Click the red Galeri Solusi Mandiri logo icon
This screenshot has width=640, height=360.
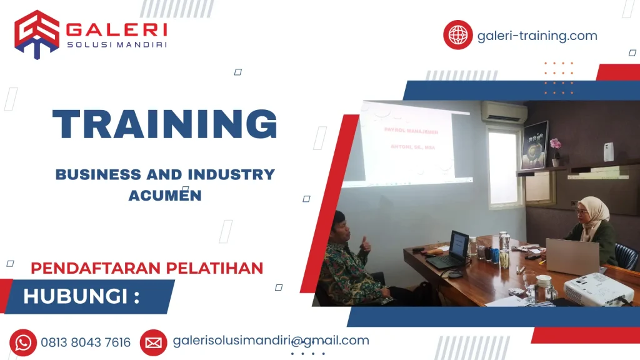click(37, 34)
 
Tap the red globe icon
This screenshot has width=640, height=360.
click(457, 35)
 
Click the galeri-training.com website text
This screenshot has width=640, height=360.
click(537, 36)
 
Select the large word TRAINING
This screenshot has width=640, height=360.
click(165, 124)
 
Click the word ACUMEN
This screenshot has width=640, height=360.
click(165, 195)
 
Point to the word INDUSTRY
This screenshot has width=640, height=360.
click(235, 174)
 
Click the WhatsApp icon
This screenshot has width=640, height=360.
click(23, 342)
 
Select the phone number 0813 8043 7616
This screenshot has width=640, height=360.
click(86, 342)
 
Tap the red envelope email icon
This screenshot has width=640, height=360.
click(153, 342)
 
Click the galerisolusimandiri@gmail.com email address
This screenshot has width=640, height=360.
click(271, 341)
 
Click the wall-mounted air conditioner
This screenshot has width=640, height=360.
click(504, 112)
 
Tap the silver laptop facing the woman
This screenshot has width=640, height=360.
click(572, 256)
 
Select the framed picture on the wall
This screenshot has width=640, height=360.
click(535, 145)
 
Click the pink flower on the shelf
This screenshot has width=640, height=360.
click(554, 144)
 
